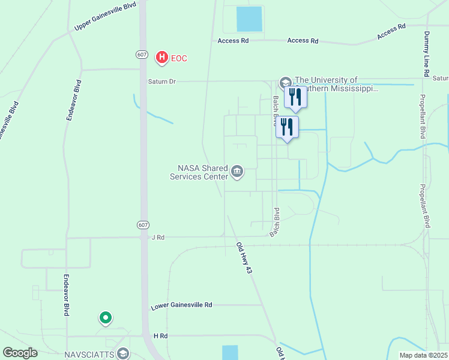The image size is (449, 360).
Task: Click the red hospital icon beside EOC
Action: [161, 58]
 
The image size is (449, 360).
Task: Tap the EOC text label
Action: [179, 58]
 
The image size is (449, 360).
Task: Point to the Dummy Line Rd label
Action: [426, 53]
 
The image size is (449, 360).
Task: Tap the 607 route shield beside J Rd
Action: [142, 225]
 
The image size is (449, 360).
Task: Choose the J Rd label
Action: [158, 238]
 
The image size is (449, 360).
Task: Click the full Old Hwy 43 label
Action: [244, 258]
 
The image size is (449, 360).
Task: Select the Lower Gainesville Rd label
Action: [181, 305]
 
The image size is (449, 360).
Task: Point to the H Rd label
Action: [159, 336]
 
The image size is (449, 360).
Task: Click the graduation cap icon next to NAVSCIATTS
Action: [124, 353]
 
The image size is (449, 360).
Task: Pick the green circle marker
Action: [106, 318]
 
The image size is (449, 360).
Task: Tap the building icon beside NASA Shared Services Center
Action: [237, 173]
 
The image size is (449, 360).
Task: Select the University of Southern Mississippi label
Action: [337, 84]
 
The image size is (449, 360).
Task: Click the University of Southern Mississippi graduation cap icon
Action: [285, 82]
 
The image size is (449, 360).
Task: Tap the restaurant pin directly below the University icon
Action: [295, 97]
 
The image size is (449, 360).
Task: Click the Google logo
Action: [20, 353]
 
